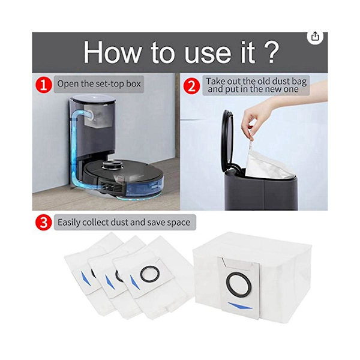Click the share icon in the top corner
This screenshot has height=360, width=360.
pyautogui.click(x=315, y=37)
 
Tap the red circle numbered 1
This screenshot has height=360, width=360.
pyautogui.click(x=44, y=85)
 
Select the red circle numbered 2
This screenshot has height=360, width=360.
pyautogui.click(x=192, y=86)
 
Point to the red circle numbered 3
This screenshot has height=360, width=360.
pyautogui.click(x=44, y=222)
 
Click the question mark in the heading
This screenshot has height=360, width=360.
pyautogui.click(x=271, y=53)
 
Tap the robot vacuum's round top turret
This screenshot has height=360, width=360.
pyautogui.click(x=112, y=164)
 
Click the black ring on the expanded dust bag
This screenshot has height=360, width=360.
pyautogui.click(x=239, y=284)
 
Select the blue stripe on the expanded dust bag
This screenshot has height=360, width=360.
pyautogui.click(x=240, y=306)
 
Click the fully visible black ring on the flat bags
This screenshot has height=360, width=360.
pyautogui.click(x=150, y=274)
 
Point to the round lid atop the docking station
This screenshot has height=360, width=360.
pyautogui.click(x=93, y=99)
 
